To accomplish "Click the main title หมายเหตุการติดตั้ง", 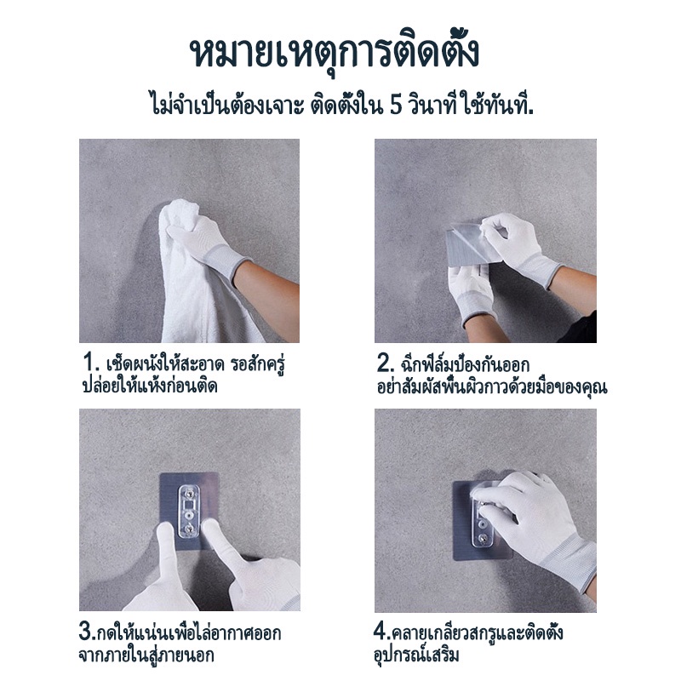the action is (x=335, y=54).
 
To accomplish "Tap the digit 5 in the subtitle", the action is (x=395, y=106).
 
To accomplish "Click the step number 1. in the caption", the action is (x=91, y=363).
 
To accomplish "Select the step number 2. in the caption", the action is (x=385, y=363).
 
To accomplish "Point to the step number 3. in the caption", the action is (x=87, y=632).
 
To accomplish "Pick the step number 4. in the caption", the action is (x=382, y=632).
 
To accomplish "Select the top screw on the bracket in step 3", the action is (x=190, y=493).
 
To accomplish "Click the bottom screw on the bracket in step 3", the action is (x=190, y=529).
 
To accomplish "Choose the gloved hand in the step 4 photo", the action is (x=535, y=521).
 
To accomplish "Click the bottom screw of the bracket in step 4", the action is (x=483, y=541).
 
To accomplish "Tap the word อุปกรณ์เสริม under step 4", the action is (x=417, y=655).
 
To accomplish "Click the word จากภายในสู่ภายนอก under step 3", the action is (x=146, y=655).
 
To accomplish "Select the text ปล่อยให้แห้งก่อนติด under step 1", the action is (x=150, y=386).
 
